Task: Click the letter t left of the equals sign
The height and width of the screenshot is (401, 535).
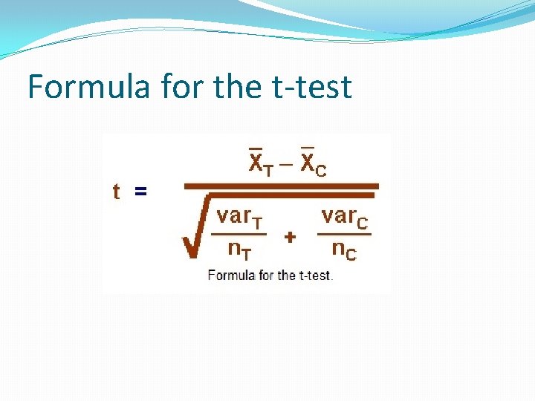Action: coord(117,192)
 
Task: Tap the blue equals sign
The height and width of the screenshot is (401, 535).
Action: coord(140,192)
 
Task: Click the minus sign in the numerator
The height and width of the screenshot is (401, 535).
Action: coord(286,164)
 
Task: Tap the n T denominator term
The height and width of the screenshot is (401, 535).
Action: coord(239,250)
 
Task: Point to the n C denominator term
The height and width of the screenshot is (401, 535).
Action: coord(344,250)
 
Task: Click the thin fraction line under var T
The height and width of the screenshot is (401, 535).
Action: coord(239,234)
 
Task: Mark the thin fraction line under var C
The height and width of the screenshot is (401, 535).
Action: coord(344,234)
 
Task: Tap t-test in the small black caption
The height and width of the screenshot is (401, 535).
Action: coord(317,276)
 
